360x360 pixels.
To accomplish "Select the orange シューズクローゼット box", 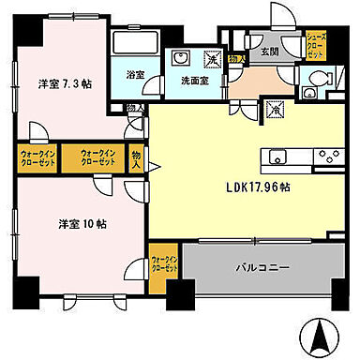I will tap(319, 44).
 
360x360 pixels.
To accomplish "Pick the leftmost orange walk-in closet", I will tap(37, 156).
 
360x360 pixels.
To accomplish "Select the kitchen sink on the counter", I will tap(278, 154).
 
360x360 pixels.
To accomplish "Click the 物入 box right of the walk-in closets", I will tap(137, 156).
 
